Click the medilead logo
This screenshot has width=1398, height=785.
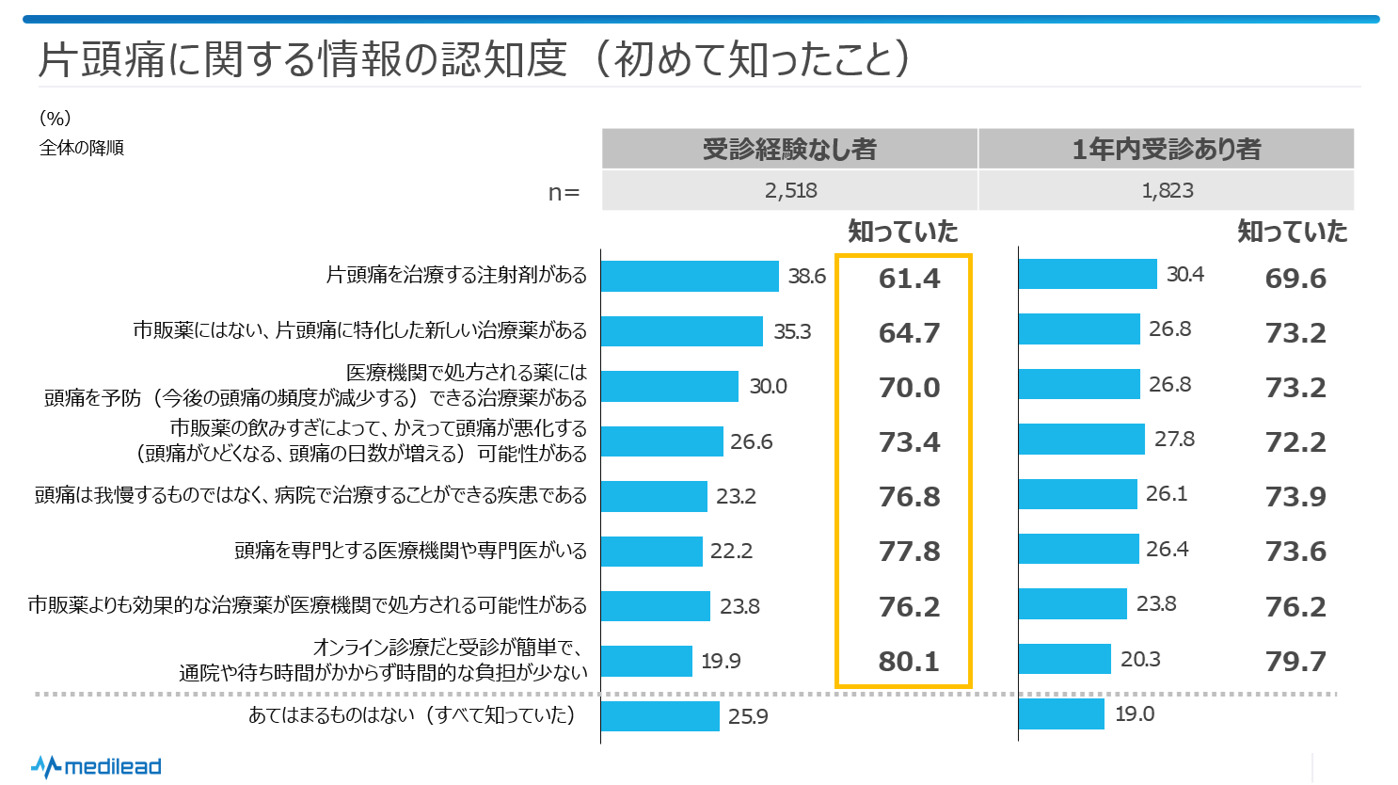point(96,766)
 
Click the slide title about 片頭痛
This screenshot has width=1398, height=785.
point(474,58)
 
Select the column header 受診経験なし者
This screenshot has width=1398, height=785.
point(789,149)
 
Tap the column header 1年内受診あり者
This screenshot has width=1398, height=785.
point(1167,149)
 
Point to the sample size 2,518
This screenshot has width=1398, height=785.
point(790,191)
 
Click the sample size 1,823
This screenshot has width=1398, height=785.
point(1168,191)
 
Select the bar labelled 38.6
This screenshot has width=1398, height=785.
point(690,276)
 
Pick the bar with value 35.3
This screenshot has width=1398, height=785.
point(682,331)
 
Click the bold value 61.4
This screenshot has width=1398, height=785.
point(909,279)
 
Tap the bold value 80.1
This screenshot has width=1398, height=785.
point(909,662)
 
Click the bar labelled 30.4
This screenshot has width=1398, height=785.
point(1088,274)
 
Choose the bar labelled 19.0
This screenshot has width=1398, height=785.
point(1061,713)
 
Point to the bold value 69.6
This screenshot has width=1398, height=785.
point(1295,279)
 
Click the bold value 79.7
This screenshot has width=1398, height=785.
point(1295,662)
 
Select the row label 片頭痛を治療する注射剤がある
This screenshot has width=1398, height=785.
point(456,275)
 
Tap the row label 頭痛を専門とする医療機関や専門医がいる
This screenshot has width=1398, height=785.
point(410,551)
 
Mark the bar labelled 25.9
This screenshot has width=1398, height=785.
point(660,716)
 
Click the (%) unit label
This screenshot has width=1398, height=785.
point(56,119)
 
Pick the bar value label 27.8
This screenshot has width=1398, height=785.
point(1174,440)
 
